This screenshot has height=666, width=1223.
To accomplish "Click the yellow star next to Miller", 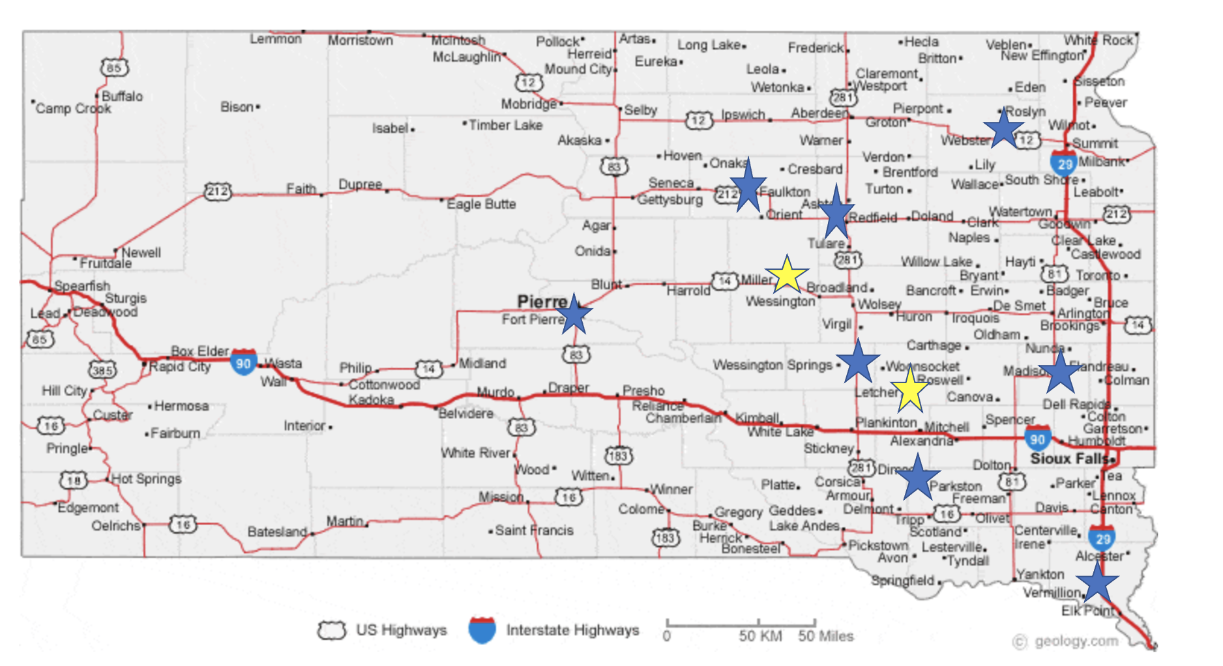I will (x=787, y=274).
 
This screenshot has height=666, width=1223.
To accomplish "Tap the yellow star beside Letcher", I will (x=909, y=390).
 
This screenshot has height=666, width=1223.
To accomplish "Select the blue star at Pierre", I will (x=574, y=314).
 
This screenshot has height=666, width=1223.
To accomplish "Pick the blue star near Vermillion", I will (x=1097, y=582).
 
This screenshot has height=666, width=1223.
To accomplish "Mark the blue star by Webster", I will (x=1003, y=128).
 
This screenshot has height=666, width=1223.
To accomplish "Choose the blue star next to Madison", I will (x=1060, y=371).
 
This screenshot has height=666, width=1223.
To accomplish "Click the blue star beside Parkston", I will (x=918, y=478).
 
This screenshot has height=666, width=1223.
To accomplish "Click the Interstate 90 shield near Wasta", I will (x=243, y=362).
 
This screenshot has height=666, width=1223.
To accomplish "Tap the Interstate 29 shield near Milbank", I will (x=1063, y=164).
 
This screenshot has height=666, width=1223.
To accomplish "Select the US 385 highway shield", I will (x=102, y=370).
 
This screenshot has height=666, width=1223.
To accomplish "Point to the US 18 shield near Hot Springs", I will (x=73, y=481).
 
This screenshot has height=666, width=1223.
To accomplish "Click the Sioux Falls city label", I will (x=1069, y=459).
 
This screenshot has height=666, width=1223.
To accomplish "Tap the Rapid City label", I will (x=180, y=367).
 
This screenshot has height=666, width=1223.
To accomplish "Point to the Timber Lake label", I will (x=505, y=125).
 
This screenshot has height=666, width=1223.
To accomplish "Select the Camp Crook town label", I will (x=73, y=108).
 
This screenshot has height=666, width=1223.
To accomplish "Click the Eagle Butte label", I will (x=481, y=204).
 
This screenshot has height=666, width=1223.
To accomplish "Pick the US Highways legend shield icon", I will (x=331, y=630).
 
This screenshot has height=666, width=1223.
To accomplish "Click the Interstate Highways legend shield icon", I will (x=482, y=630).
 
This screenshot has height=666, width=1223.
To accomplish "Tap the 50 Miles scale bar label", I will (x=825, y=636).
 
